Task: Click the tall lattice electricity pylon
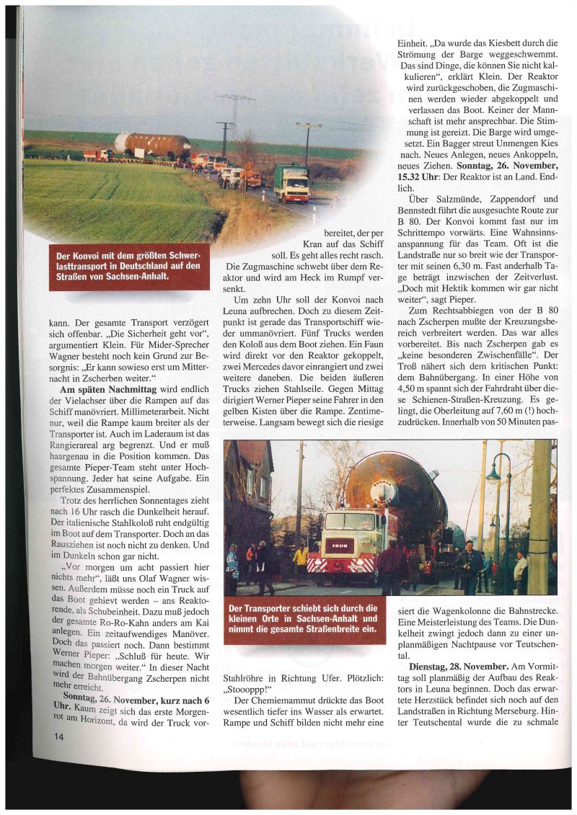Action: tap(234, 115)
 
